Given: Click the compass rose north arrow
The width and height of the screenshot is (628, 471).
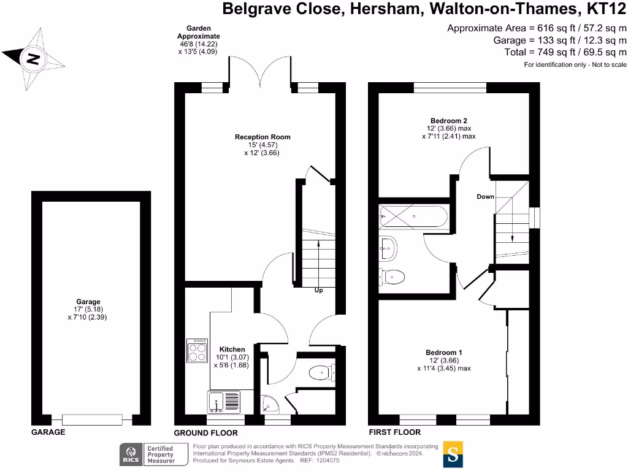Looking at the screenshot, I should point(34,59).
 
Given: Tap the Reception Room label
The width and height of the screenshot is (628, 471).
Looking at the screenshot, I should point(262,137).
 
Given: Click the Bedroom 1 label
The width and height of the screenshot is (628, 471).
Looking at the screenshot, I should point(443,353).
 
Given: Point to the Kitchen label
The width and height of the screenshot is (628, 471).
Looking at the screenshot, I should point(232,350).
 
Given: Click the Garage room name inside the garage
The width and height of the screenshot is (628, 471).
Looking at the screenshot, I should point(88,302).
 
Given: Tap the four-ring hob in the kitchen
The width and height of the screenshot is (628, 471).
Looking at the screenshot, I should point(197,351).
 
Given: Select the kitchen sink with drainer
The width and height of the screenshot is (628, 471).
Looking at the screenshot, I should point(224,402).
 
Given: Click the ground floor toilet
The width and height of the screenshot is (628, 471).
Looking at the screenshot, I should point(321,372).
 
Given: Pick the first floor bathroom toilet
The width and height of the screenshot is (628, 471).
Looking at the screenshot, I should point(392,277).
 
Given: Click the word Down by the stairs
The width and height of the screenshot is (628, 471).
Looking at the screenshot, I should point(484,197).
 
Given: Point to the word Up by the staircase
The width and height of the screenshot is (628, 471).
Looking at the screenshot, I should point(318,290).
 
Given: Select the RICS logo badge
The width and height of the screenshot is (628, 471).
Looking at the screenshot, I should point(131,454).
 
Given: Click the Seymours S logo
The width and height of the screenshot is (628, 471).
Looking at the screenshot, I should point(453,454).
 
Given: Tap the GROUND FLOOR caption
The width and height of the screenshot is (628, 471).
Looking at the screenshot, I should point(205,432).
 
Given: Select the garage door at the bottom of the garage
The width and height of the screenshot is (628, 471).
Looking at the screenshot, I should point(92,420).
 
